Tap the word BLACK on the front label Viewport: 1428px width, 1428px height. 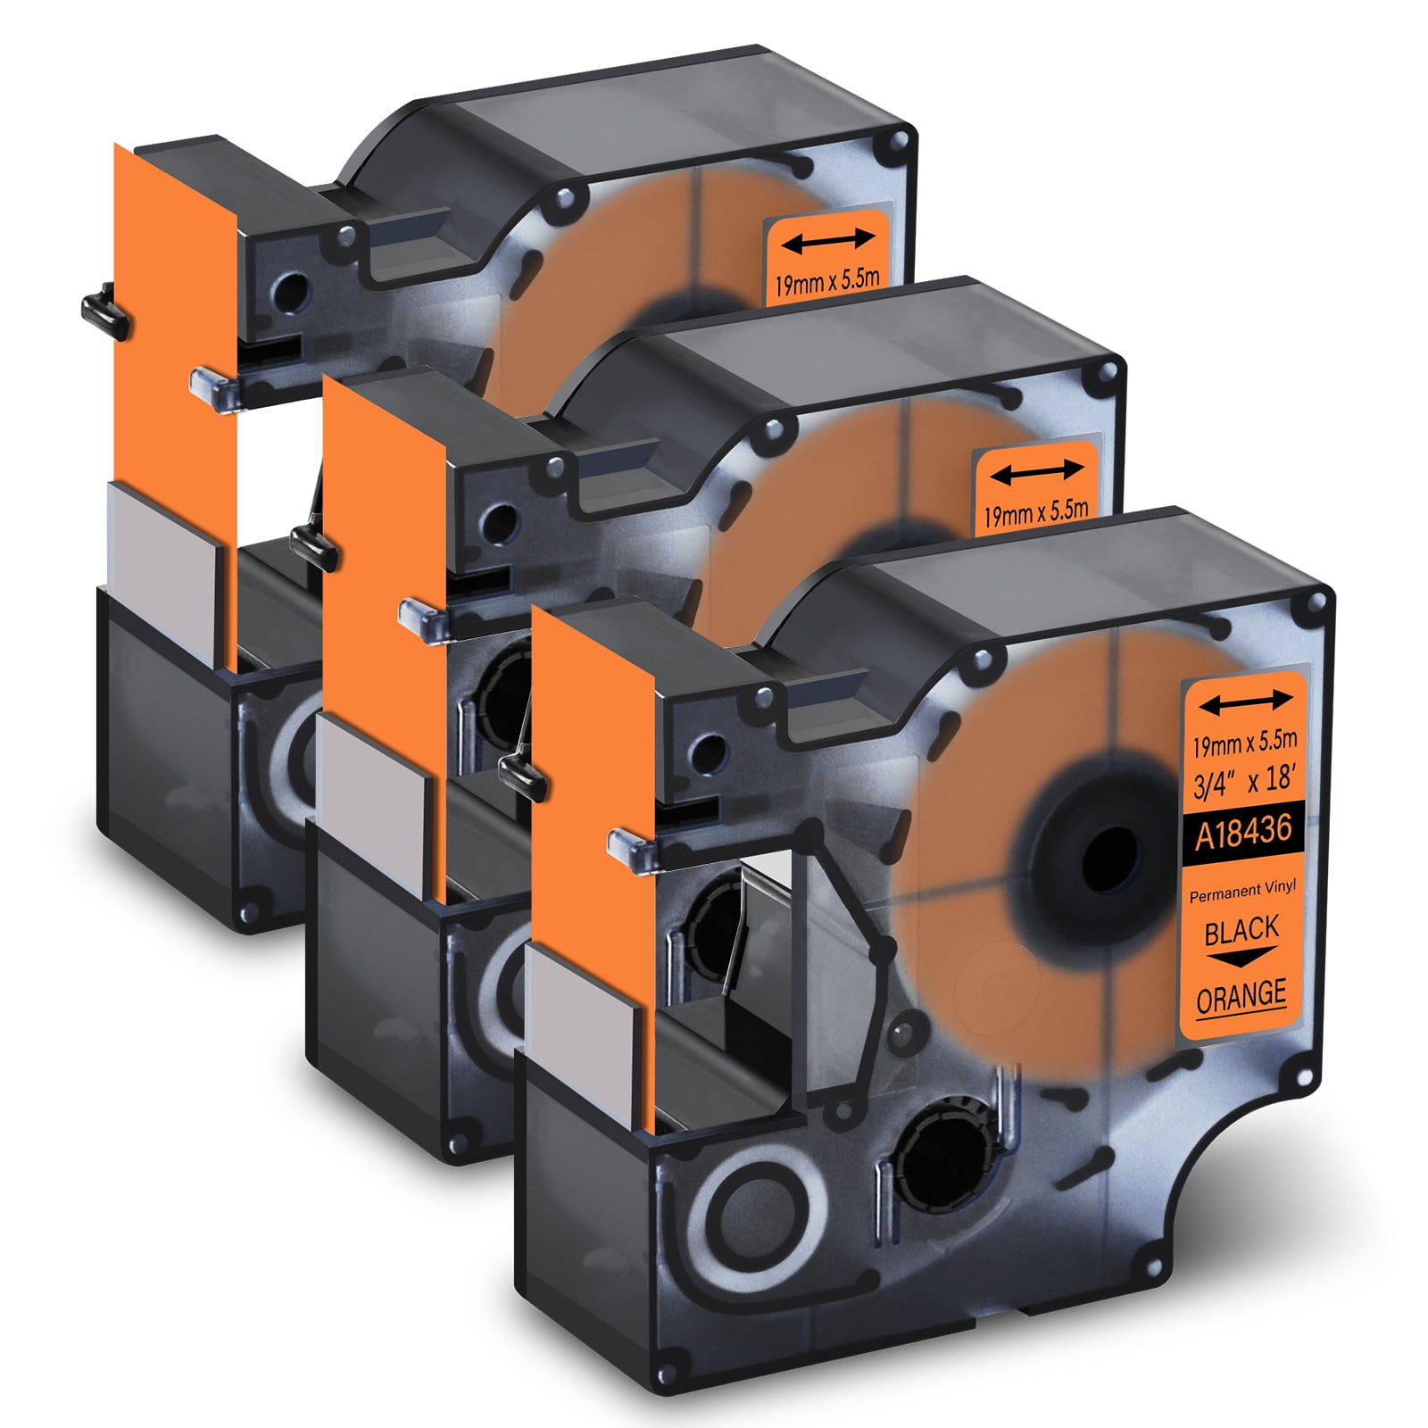coord(1241,930)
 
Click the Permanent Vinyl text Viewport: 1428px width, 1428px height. coord(1242,890)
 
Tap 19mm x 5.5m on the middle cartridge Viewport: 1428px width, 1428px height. coord(1035,513)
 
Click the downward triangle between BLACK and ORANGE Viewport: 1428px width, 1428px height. coord(1241,959)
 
